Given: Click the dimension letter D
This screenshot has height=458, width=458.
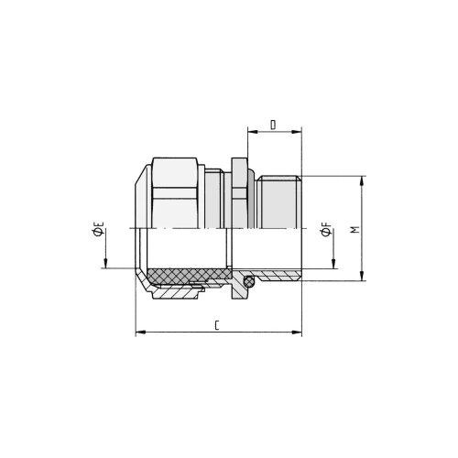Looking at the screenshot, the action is point(273,125).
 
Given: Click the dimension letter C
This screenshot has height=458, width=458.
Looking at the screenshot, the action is point(217,325).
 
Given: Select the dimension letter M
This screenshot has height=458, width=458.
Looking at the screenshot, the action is point(354,230).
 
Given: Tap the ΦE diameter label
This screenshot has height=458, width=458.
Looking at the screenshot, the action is point(98,229).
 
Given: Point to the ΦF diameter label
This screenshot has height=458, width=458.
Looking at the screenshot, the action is point(326,230).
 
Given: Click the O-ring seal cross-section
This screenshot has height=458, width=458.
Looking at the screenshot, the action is point(249,281).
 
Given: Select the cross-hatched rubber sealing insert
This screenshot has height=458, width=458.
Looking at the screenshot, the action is point(189,274).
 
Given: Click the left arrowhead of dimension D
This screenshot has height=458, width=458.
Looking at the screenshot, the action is point(252,132).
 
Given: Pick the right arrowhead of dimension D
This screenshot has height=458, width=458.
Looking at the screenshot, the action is point(297,132).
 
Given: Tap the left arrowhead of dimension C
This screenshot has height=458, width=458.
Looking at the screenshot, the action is point(140,332).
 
